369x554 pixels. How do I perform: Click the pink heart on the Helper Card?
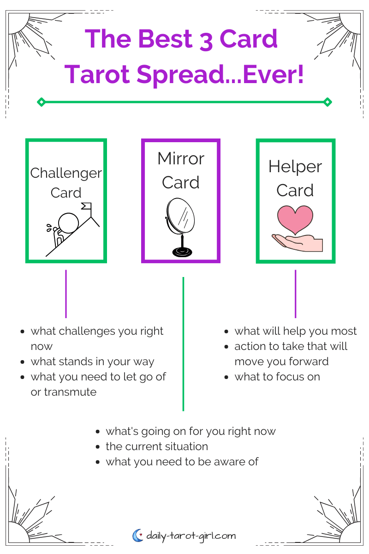click(x=295, y=220)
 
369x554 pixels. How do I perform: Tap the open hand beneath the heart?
click(x=298, y=243)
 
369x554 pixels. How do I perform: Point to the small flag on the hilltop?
click(x=86, y=206)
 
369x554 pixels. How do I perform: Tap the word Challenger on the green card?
click(x=66, y=173)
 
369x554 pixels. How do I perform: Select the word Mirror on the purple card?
click(x=181, y=158)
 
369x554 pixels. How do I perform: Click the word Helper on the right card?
click(x=295, y=166)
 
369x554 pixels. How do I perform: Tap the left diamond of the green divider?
click(x=41, y=102)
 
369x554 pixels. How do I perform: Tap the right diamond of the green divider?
click(x=327, y=102)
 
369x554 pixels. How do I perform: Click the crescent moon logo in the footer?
click(x=137, y=536)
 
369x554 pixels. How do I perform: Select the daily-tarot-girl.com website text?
click(x=191, y=536)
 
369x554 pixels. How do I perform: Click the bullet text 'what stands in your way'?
click(x=92, y=361)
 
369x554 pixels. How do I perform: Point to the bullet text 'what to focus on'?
click(x=277, y=377)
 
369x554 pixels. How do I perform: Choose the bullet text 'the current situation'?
click(x=157, y=446)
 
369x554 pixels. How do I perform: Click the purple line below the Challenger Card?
click(x=66, y=294)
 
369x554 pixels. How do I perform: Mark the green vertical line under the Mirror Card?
click(x=183, y=344)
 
